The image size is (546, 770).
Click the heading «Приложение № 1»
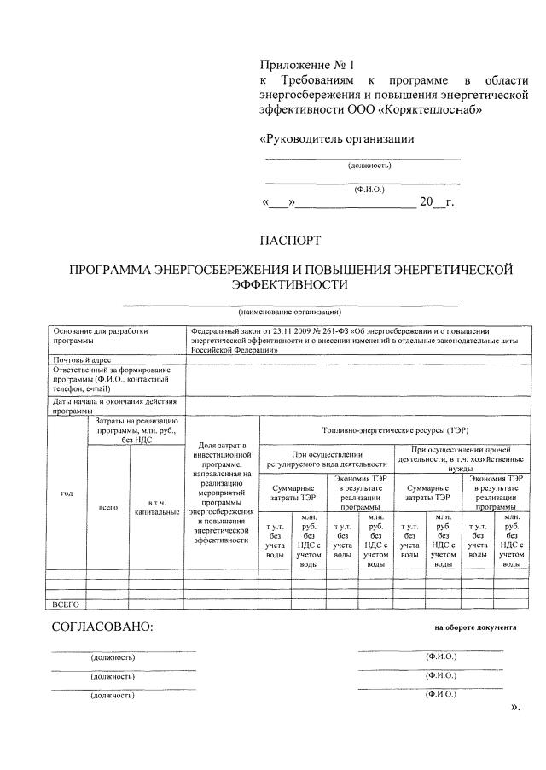click(305, 64)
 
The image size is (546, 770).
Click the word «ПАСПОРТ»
click(290, 241)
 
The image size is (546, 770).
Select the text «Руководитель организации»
click(336, 138)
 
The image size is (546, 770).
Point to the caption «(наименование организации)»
click(290, 312)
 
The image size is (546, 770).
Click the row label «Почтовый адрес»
click(82, 361)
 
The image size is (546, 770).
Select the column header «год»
click(67, 493)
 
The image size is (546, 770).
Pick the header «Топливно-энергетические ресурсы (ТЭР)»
click(395, 429)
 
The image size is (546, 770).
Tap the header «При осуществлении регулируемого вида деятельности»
click(327, 458)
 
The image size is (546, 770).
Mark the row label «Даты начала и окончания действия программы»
click(114, 405)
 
